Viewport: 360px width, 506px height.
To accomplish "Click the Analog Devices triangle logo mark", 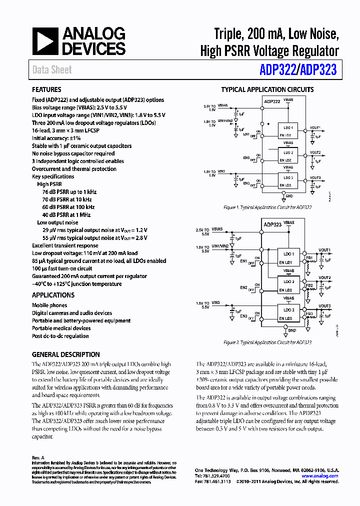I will point(45,41).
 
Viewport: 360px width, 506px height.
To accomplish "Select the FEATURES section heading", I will point(46,90).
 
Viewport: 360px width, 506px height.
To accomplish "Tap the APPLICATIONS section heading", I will point(53,295).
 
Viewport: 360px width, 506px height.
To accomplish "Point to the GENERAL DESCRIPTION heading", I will point(66,354).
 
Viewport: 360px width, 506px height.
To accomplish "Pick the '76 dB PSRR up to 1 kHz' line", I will point(69,192).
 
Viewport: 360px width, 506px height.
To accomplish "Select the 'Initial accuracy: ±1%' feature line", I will point(56,138).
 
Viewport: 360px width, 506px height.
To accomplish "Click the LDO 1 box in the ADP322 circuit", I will point(288,127).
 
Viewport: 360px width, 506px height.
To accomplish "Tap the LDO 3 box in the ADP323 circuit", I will point(289,310).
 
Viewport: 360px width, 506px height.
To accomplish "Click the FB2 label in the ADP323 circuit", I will point(309,285).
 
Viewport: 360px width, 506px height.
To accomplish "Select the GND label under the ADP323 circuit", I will point(292,330).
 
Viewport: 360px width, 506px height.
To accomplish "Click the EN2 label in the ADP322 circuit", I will point(246,158).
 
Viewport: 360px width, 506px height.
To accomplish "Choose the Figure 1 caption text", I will point(267,207).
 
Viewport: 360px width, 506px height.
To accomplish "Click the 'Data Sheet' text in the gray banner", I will point(52,70).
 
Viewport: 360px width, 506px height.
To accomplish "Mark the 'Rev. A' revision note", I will point(38,457).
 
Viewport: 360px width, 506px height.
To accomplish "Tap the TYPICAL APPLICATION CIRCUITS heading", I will point(267,90).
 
